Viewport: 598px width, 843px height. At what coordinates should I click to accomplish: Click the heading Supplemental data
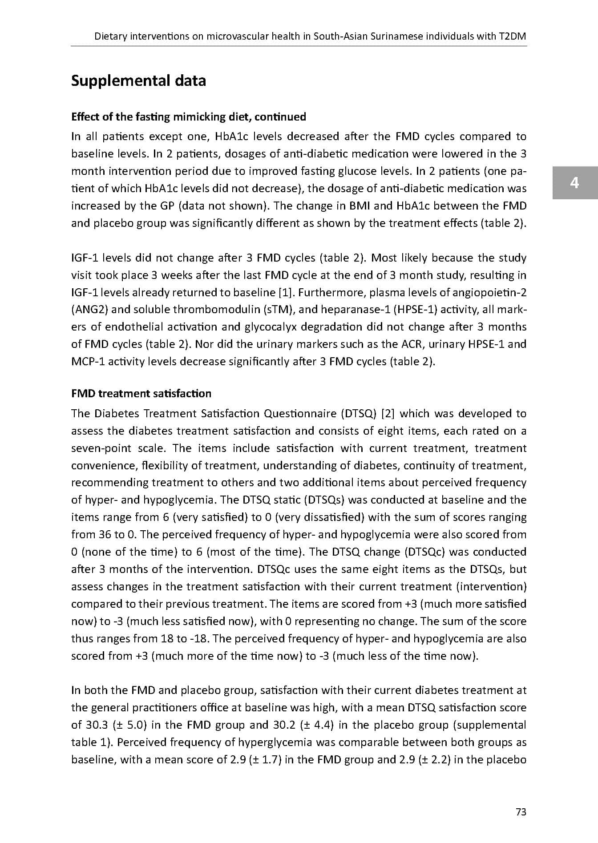point(138,81)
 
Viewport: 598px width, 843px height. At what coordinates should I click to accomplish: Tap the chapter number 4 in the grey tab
point(574,182)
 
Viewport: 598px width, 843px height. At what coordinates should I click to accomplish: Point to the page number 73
point(521,812)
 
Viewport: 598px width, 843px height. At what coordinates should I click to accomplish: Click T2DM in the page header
point(513,36)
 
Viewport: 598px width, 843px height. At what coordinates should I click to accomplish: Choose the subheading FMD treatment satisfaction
point(141,393)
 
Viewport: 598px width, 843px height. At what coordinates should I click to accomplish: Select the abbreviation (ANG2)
point(90,309)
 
